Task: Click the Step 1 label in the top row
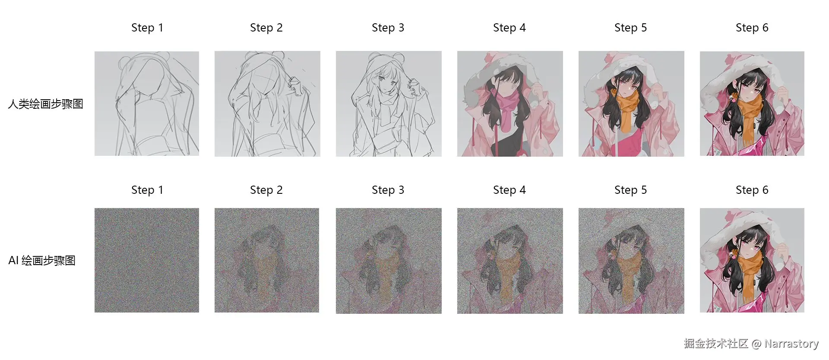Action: (x=147, y=28)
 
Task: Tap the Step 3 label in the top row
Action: (x=388, y=28)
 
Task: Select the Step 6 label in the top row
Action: (x=752, y=28)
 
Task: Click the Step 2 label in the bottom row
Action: (x=266, y=190)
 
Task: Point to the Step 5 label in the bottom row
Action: (x=630, y=190)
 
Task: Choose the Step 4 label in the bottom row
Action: (x=509, y=190)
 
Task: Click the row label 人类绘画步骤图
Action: (x=45, y=104)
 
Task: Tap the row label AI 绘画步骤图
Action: (x=42, y=261)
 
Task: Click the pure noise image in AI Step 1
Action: (x=147, y=260)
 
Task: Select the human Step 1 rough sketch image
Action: (x=147, y=104)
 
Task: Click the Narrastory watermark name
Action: (x=791, y=344)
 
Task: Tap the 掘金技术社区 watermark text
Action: (x=716, y=344)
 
